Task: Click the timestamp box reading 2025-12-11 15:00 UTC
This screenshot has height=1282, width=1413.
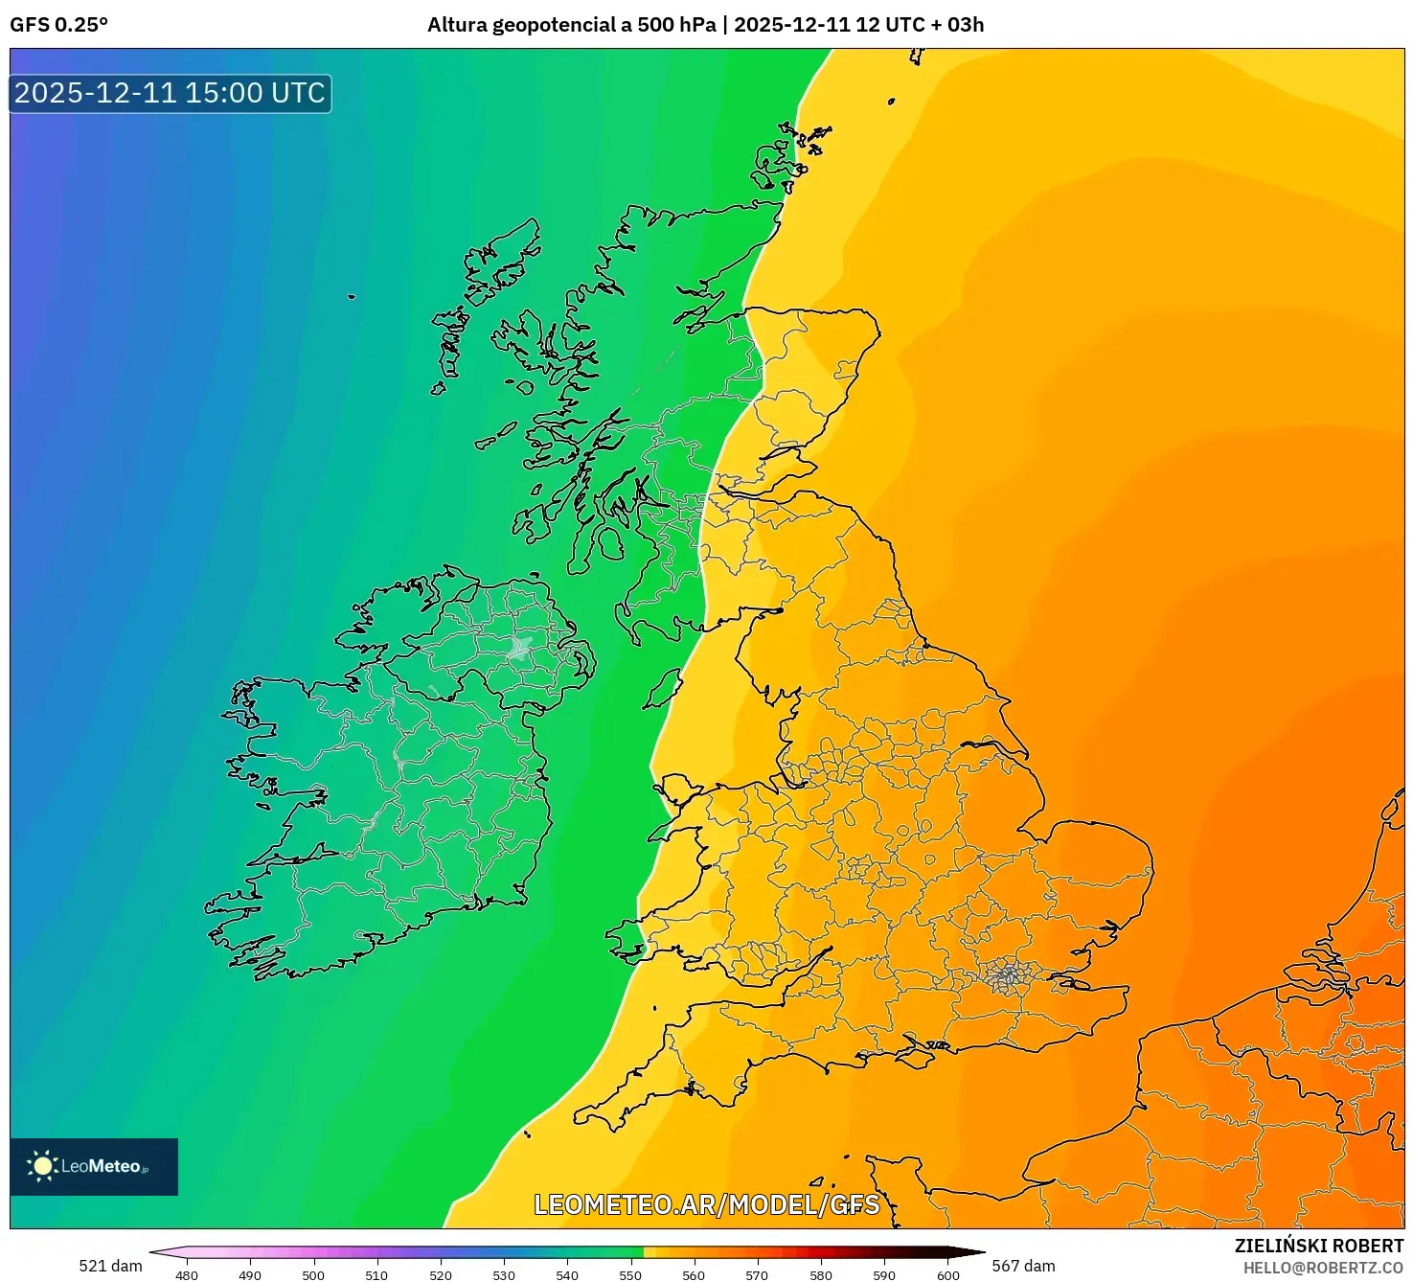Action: click(170, 93)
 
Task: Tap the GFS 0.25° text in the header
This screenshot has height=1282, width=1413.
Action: click(59, 25)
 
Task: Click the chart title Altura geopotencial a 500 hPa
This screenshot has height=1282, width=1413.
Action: click(571, 25)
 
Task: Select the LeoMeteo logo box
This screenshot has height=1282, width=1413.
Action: click(94, 1166)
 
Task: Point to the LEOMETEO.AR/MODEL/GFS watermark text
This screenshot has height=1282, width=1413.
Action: click(706, 1204)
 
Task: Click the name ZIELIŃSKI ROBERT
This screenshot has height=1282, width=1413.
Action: click(1318, 1246)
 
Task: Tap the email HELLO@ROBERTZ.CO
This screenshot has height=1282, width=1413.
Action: click(1323, 1268)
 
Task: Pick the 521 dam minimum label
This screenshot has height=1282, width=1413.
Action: click(110, 1266)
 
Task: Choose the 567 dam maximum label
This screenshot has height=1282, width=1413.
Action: click(1023, 1266)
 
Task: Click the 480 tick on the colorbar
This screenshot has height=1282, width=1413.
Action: click(187, 1274)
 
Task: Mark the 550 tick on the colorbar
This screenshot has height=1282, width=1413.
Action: click(630, 1274)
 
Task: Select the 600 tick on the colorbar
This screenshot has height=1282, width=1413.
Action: click(947, 1274)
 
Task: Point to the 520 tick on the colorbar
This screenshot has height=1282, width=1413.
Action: click(441, 1274)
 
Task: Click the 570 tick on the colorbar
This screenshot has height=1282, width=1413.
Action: click(757, 1274)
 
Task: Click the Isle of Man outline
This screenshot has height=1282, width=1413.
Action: click(661, 691)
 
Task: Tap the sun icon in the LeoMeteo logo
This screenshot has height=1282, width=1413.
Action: click(42, 1165)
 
